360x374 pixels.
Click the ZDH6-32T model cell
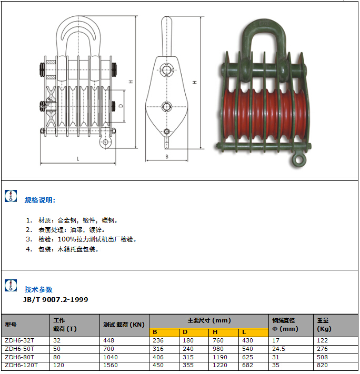(19, 340)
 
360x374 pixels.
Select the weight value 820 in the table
(322, 365)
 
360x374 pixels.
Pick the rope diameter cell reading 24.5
(278, 348)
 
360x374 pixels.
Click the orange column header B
(155, 332)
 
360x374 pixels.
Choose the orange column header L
(244, 332)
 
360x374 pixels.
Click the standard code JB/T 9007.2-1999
(55, 299)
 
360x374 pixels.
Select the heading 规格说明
(40, 200)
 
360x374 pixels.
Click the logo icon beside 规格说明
(11, 196)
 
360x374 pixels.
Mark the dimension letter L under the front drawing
(77, 158)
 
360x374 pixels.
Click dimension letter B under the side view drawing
(166, 156)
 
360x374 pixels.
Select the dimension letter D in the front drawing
(121, 106)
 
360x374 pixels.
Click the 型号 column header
(11, 325)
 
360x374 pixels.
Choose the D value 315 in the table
(188, 357)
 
